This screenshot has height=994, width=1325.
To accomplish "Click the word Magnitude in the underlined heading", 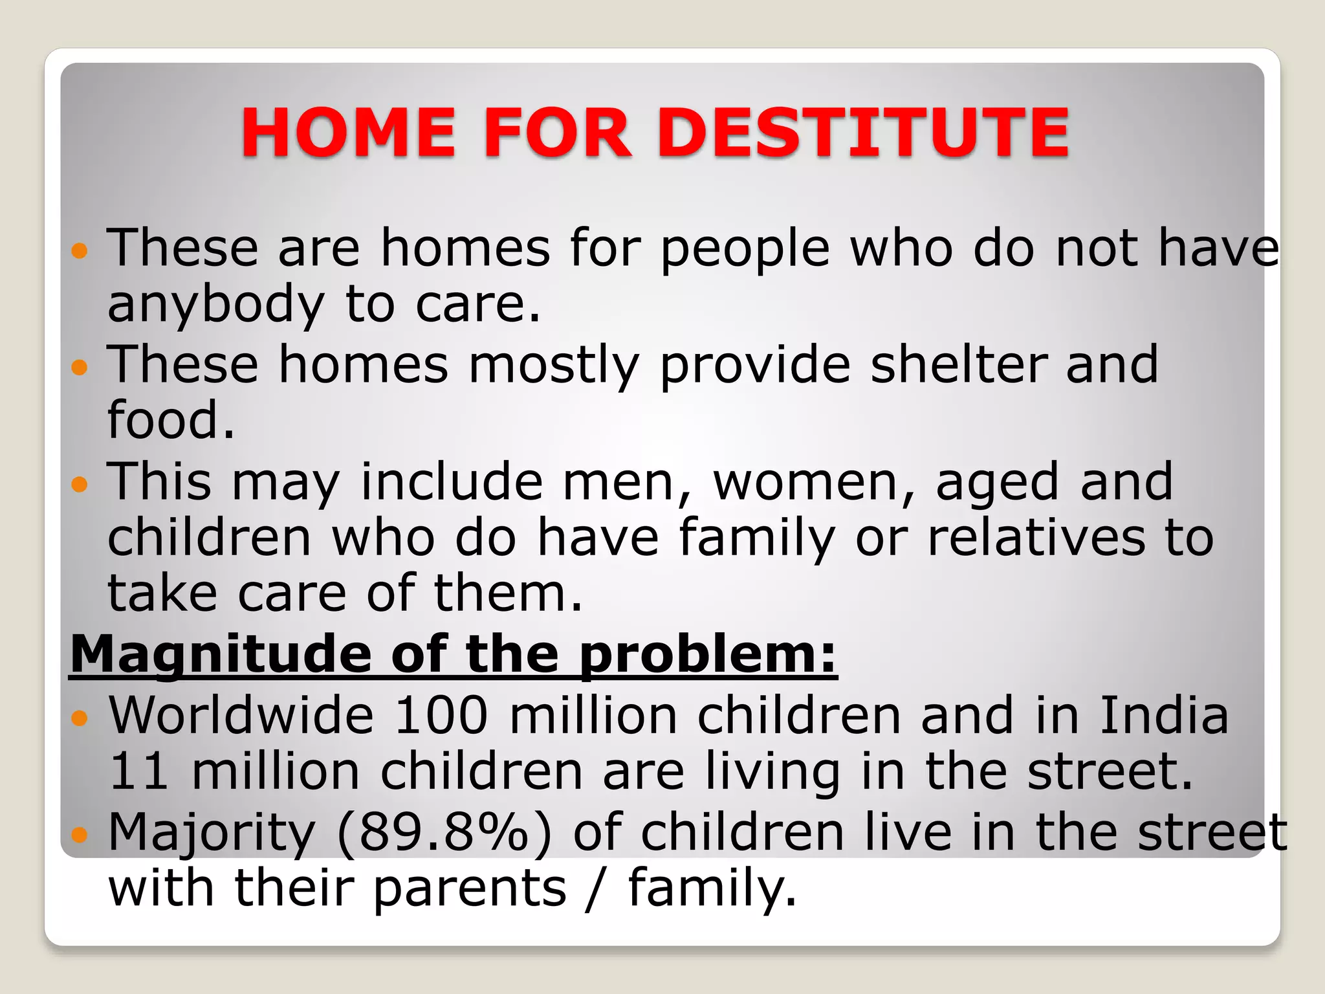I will point(220,655).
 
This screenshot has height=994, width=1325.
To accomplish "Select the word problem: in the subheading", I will point(707,655).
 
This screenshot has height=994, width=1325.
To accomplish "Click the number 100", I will point(441,716).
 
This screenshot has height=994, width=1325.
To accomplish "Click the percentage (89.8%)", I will point(444,833).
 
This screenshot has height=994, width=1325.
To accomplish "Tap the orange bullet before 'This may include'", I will point(79,483).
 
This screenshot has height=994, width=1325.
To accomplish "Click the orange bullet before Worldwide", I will point(79,717).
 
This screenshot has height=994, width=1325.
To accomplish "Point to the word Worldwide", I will point(241,716).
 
